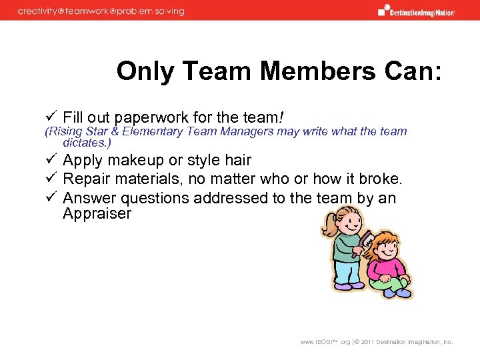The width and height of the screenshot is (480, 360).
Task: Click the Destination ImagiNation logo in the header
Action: tap(417, 11)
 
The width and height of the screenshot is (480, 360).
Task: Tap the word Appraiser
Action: tap(97, 214)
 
